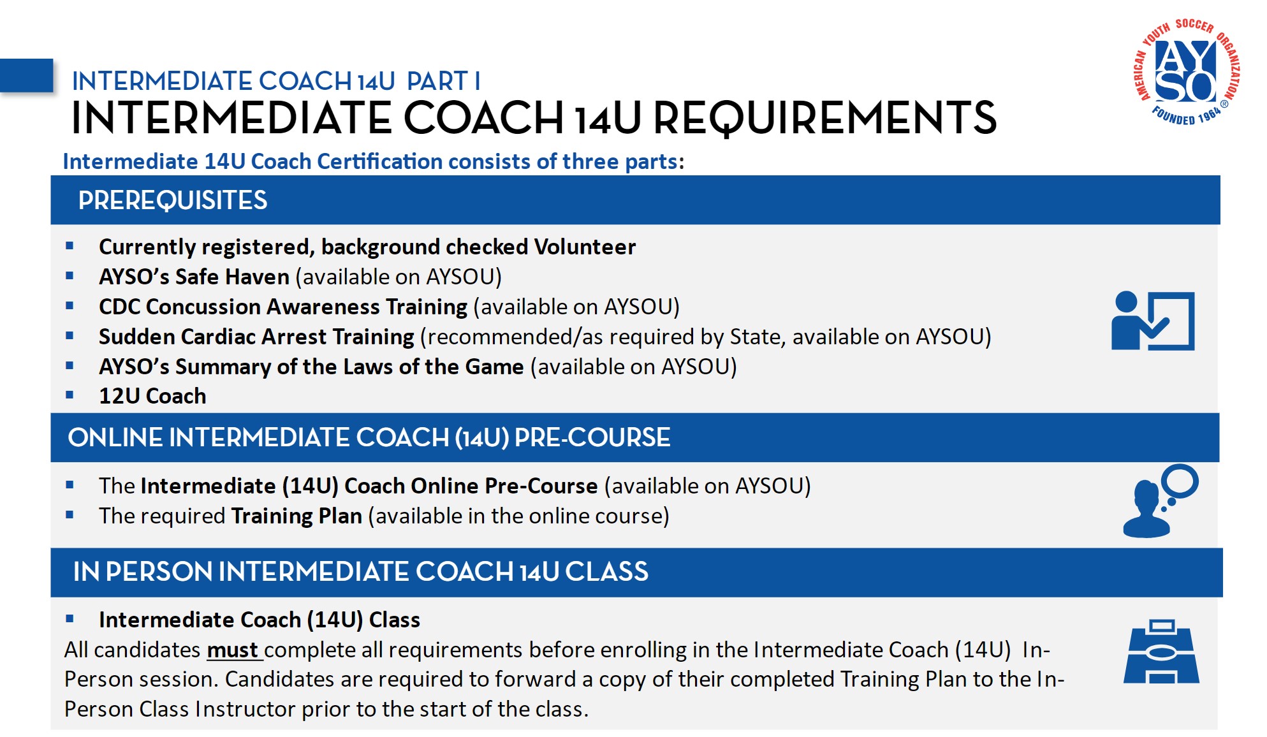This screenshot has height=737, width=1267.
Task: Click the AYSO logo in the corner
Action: click(1187, 71)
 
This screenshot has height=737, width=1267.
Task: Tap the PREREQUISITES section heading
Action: click(172, 200)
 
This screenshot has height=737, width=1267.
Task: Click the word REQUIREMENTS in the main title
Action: click(824, 118)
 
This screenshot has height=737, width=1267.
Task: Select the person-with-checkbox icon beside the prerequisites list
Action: click(1152, 321)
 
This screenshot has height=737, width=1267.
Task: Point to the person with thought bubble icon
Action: click(1159, 501)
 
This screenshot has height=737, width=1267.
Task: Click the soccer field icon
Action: click(1161, 652)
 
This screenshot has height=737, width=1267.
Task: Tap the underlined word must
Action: click(232, 650)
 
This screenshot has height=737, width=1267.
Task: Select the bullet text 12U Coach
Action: click(152, 396)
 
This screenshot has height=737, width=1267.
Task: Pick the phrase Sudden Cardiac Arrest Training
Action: click(256, 337)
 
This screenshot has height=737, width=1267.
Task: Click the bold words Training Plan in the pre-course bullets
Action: click(297, 516)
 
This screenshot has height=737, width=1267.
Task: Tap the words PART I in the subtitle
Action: click(443, 82)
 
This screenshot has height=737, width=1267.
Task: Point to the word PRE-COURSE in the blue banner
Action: click(592, 437)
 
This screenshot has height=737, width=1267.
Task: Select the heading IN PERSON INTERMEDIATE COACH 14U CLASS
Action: click(360, 572)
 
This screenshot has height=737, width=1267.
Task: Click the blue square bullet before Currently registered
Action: click(70, 246)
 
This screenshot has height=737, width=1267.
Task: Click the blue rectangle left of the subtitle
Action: click(26, 76)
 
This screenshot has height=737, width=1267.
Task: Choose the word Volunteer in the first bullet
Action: click(585, 247)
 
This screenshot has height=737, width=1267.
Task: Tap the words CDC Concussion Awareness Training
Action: click(283, 307)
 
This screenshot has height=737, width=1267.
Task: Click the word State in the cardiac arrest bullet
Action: click(756, 337)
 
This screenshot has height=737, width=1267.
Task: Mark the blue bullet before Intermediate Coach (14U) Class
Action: click(70, 618)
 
